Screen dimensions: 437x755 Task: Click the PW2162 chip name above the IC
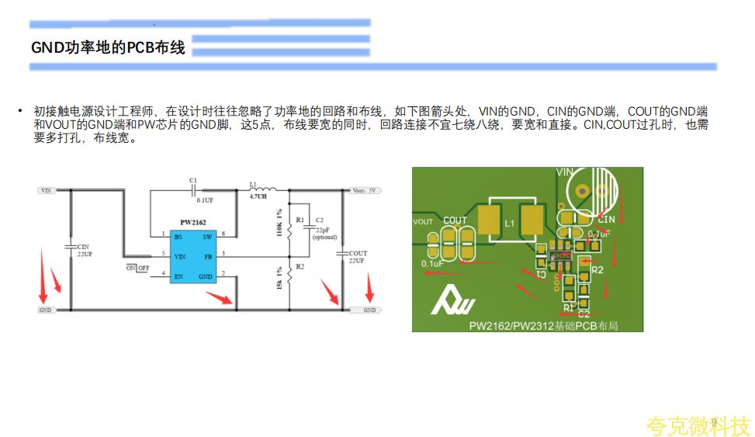point(193,223)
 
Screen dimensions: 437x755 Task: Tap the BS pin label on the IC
point(178,236)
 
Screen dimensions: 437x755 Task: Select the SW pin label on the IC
point(207,236)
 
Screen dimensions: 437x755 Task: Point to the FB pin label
point(207,255)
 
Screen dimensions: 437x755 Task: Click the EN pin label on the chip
point(178,276)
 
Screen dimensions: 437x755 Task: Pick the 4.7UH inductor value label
point(258,196)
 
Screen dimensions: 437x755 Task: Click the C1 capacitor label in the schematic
point(193,180)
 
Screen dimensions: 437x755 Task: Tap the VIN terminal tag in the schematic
point(47,189)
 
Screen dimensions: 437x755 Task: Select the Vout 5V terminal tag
point(364,189)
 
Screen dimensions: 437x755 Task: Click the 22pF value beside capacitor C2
point(322,230)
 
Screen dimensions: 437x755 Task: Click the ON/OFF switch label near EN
point(137,268)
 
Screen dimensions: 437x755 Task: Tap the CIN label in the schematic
point(83,247)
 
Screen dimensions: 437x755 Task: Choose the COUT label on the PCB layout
point(455,220)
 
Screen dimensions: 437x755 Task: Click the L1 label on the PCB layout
point(509,224)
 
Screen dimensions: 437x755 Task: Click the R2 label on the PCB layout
point(597,270)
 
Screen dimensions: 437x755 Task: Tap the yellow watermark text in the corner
point(698,426)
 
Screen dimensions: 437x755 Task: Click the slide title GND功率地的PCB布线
point(108,48)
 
